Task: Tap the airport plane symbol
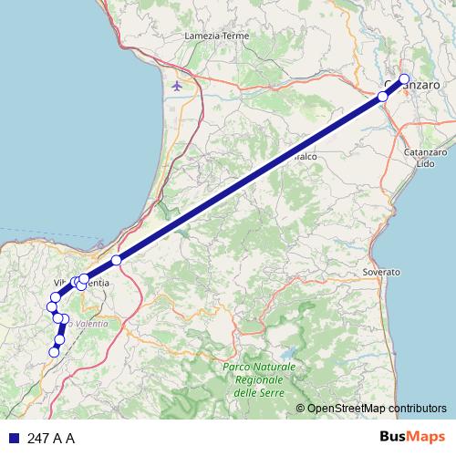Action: click(176, 87)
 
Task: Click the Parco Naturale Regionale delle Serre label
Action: click(259, 379)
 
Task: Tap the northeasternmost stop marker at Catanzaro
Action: click(404, 78)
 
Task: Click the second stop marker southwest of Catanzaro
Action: click(384, 95)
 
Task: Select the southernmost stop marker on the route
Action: click(55, 351)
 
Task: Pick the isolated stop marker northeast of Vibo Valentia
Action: click(116, 262)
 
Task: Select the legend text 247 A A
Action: click(51, 439)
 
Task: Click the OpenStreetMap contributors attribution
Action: click(377, 409)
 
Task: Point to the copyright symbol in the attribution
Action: click(300, 409)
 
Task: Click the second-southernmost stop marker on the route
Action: click(60, 340)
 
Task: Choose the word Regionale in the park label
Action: click(259, 379)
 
